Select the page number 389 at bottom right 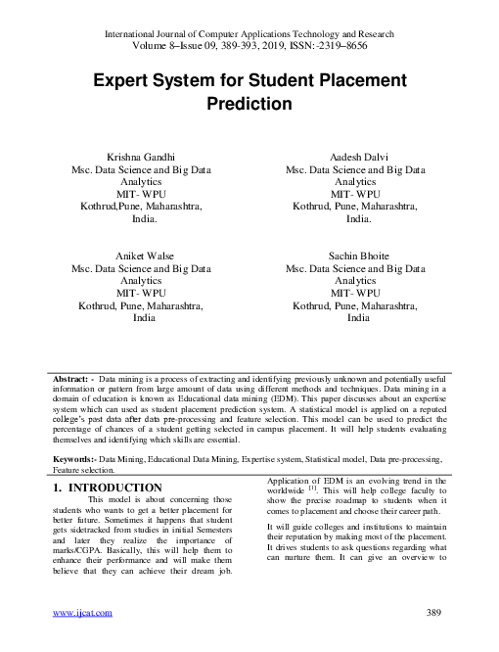click(x=436, y=613)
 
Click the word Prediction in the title click(x=249, y=102)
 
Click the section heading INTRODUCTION click(x=116, y=487)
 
